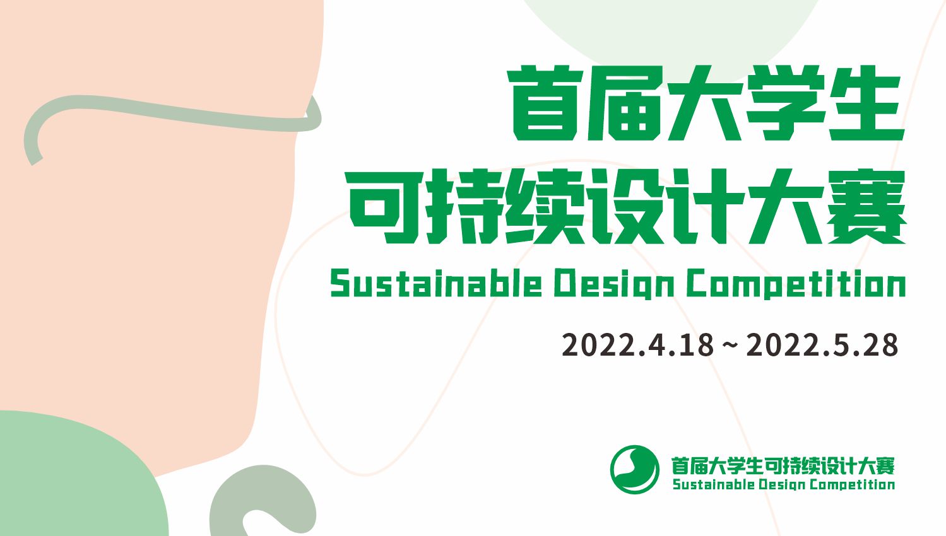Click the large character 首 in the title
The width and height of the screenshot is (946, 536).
(x=543, y=103)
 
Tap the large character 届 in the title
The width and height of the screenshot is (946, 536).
(x=624, y=103)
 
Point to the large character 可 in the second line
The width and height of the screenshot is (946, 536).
(x=384, y=207)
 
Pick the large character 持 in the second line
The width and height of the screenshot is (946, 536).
(x=464, y=207)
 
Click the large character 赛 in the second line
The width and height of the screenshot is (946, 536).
(x=866, y=207)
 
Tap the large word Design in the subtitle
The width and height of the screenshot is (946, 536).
(x=615, y=284)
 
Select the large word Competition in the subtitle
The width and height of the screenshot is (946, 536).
(x=796, y=284)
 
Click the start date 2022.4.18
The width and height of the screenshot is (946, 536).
(x=637, y=345)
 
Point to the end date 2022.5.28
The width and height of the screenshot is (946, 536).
(x=822, y=345)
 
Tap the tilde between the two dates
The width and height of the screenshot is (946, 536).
(x=730, y=346)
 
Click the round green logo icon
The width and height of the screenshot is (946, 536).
(x=635, y=469)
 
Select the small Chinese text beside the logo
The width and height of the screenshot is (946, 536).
(x=783, y=466)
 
